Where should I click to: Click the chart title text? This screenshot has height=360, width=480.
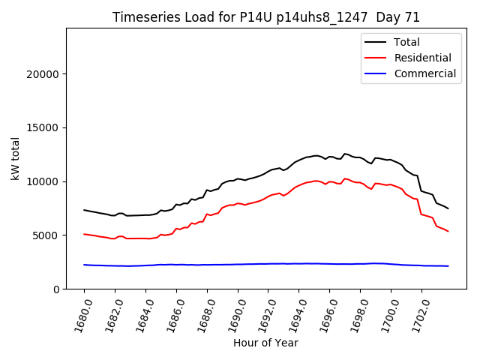click(x=266, y=17)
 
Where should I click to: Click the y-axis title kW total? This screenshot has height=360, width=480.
click(x=15, y=159)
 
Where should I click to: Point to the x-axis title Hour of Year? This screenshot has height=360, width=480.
click(x=265, y=343)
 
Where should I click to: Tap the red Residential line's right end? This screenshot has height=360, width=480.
click(x=448, y=231)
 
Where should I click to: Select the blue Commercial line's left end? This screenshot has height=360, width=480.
click(x=84, y=265)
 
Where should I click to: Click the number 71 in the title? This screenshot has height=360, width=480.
click(x=412, y=17)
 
